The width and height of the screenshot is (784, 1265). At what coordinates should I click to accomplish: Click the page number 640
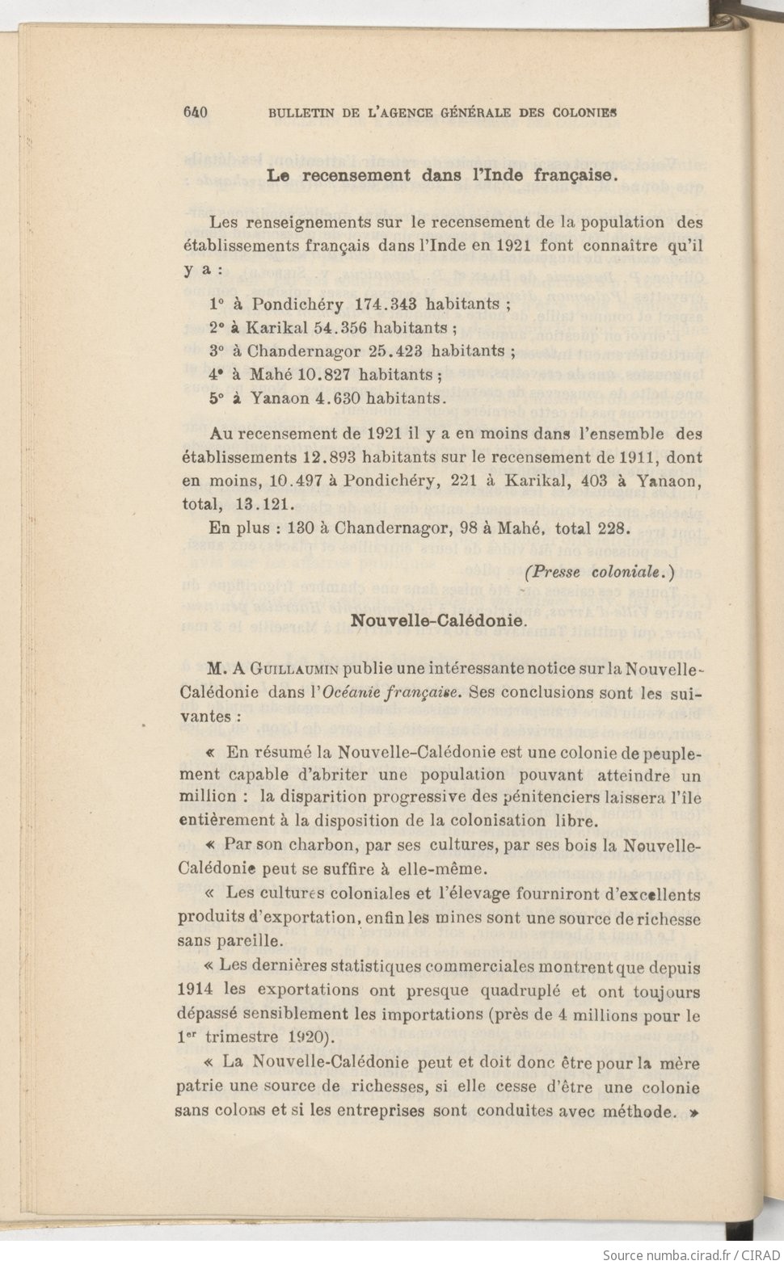[196, 113]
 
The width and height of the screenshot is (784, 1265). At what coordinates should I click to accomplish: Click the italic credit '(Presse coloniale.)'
[599, 573]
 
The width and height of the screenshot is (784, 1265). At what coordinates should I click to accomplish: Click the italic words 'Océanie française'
[391, 692]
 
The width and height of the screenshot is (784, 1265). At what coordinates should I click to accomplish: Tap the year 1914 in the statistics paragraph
[195, 990]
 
